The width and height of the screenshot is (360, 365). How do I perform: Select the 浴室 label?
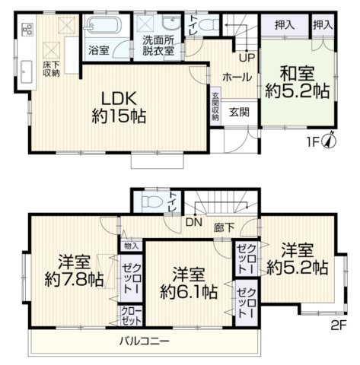97,52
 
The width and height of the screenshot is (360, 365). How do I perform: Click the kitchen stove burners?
28,32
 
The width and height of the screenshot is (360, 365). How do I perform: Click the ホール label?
232,77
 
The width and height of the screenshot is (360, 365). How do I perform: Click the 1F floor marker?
311,142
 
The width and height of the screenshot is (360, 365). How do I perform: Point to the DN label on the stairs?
193,223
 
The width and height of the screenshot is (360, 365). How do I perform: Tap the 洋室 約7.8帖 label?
74,269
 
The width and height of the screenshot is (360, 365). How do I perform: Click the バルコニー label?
144,339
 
